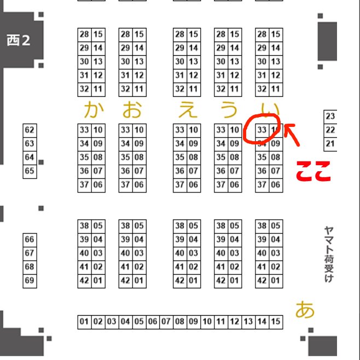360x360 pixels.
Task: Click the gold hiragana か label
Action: [94, 110]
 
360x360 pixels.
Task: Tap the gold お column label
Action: [132, 110]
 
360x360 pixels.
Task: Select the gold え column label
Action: [188, 110]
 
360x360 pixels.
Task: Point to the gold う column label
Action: [228, 110]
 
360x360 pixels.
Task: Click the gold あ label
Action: [305, 310]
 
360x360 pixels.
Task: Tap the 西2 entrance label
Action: [19, 40]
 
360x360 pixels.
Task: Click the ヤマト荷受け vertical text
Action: [328, 254]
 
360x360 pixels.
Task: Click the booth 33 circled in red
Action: [262, 130]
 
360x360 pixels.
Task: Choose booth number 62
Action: [30, 130]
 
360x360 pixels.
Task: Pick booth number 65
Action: [30, 171]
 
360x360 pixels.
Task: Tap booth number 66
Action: [30, 240]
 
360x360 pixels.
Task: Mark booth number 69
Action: [30, 281]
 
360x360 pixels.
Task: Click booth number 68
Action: [30, 267]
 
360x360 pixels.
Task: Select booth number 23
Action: [330, 117]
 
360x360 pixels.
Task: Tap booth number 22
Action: [330, 130]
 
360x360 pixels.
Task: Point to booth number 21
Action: [330, 144]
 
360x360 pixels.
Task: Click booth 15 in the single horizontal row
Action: [276, 322]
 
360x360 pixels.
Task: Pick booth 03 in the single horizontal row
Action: [112, 322]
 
